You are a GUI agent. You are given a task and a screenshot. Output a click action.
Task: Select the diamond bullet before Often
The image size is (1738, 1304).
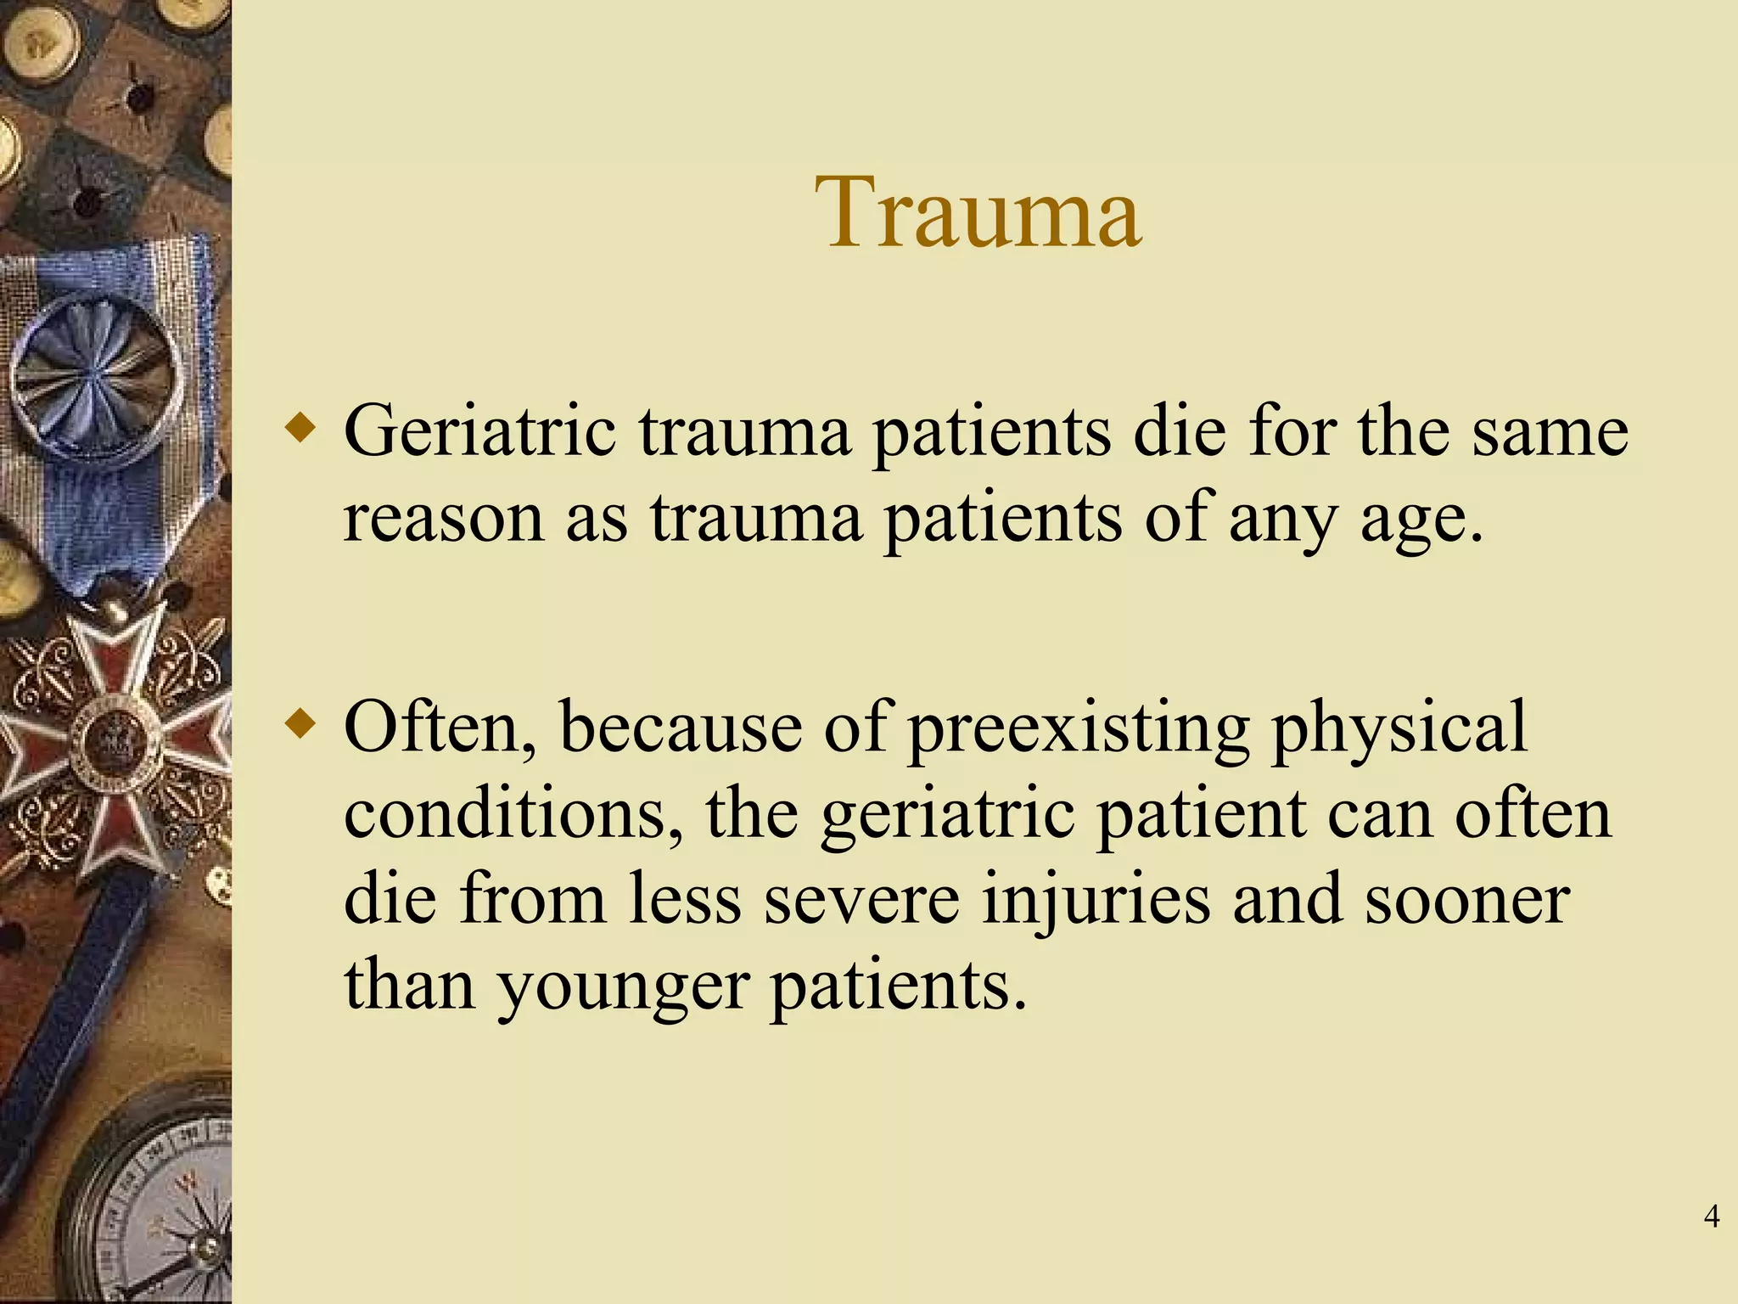(x=300, y=724)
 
